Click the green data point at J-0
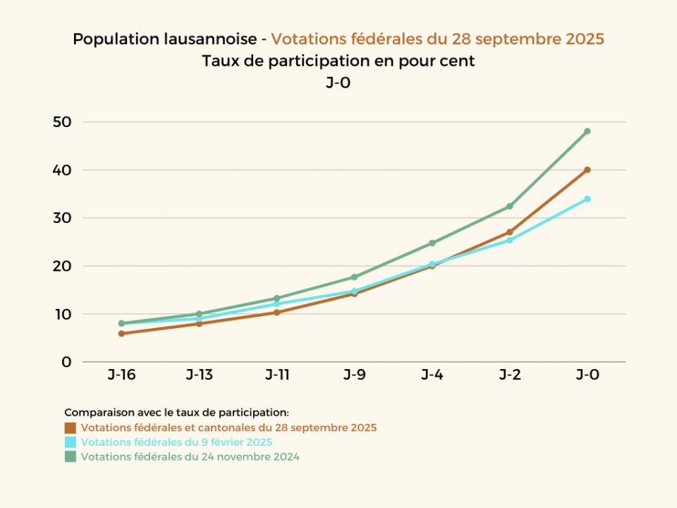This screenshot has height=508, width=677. tap(587, 131)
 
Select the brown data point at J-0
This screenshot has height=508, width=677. tap(587, 170)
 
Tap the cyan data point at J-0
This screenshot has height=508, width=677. tap(587, 199)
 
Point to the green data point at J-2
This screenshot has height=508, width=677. tap(509, 207)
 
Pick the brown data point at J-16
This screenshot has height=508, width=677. tap(121, 334)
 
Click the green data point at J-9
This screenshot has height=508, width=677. tap(354, 277)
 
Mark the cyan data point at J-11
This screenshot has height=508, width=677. tap(276, 304)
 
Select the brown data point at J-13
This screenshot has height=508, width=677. tap(199, 324)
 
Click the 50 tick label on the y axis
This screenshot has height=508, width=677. tap(62, 122)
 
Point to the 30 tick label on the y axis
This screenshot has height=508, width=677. tap(62, 218)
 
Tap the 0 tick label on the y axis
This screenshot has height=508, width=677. tap(67, 362)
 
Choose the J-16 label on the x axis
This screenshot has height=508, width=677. tap(121, 375)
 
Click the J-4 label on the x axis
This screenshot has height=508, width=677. tap(432, 375)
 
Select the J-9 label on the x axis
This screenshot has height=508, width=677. tap(354, 375)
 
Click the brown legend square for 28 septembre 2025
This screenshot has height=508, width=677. tap(70, 428)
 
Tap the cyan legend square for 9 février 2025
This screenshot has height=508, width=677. tap(70, 442)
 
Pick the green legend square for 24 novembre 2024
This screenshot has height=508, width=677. tap(70, 456)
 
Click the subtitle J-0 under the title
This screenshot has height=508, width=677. tap(338, 83)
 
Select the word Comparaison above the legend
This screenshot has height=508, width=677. tap(94, 412)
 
